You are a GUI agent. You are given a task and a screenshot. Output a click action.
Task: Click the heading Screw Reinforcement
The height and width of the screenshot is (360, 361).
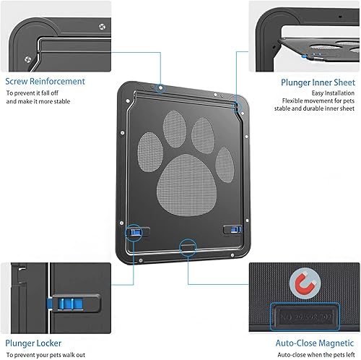pyautogui.click(x=45, y=82)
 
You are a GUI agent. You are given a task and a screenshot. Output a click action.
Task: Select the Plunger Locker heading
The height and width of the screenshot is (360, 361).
pyautogui.click(x=34, y=343)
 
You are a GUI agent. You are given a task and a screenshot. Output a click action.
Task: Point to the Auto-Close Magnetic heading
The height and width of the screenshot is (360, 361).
pyautogui.click(x=316, y=343)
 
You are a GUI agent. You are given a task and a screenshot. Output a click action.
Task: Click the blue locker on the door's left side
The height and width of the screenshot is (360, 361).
pyautogui.click(x=134, y=232)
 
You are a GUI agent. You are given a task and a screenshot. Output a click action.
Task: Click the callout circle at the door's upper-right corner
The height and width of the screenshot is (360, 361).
pyautogui.click(x=235, y=106)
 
